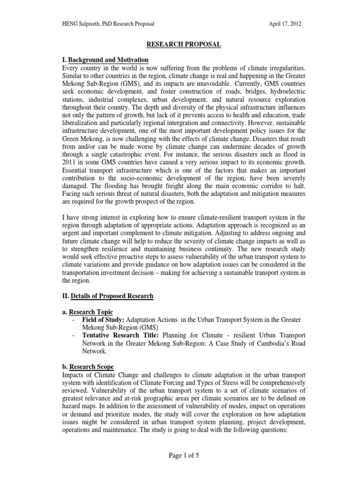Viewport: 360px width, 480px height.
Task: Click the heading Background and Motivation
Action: point(108,60)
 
